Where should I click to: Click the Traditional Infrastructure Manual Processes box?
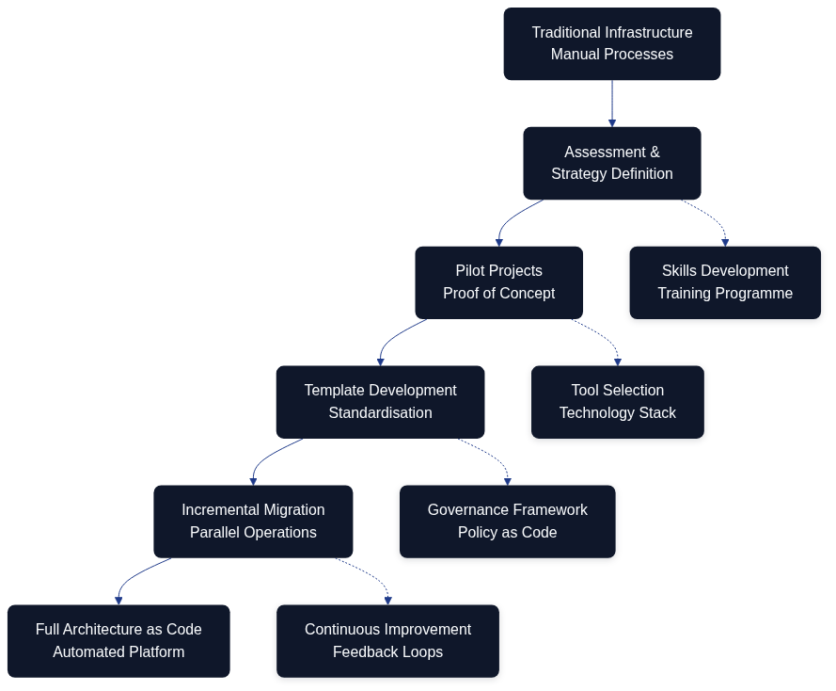611,43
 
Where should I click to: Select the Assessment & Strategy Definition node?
611,163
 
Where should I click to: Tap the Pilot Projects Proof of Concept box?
498,282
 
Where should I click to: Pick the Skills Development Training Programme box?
725,282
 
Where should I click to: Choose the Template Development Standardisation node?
380,402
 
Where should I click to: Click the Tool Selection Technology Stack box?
617,402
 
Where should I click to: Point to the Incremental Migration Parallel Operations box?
253,522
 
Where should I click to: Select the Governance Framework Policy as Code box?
507,522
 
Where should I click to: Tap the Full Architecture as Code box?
118,641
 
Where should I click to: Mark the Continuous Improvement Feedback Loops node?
387,641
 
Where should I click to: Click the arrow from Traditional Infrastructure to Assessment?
612,104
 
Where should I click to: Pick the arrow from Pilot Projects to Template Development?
390,339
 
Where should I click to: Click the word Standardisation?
380,413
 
